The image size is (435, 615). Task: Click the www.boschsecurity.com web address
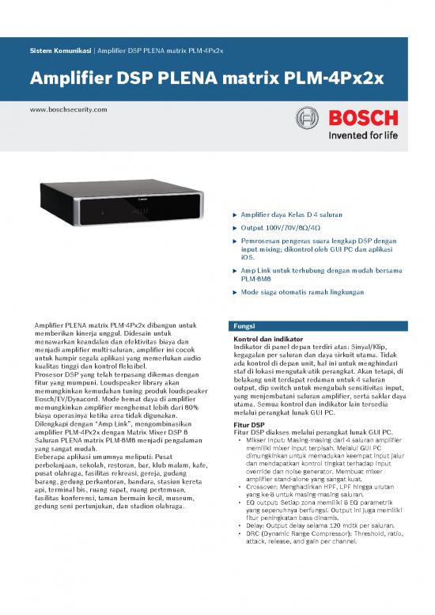pyautogui.click(x=67, y=108)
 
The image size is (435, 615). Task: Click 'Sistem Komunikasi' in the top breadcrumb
pyautogui.click(x=59, y=51)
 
